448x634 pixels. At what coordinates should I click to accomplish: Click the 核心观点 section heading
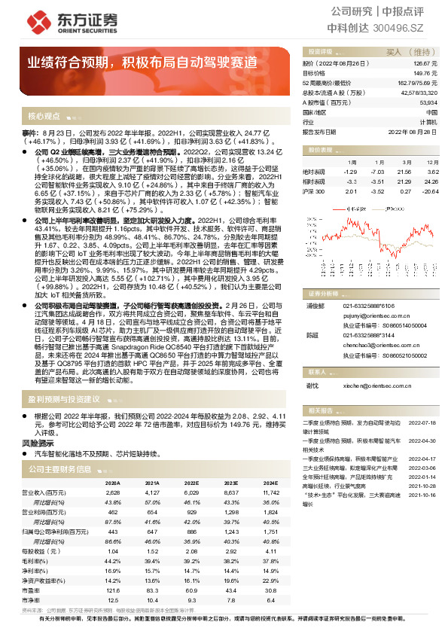pos(44,117)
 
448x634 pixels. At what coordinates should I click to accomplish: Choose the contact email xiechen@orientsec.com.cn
pos(373,385)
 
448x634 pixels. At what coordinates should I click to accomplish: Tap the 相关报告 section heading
pos(318,410)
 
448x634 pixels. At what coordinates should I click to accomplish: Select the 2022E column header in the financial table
pos(190,483)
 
